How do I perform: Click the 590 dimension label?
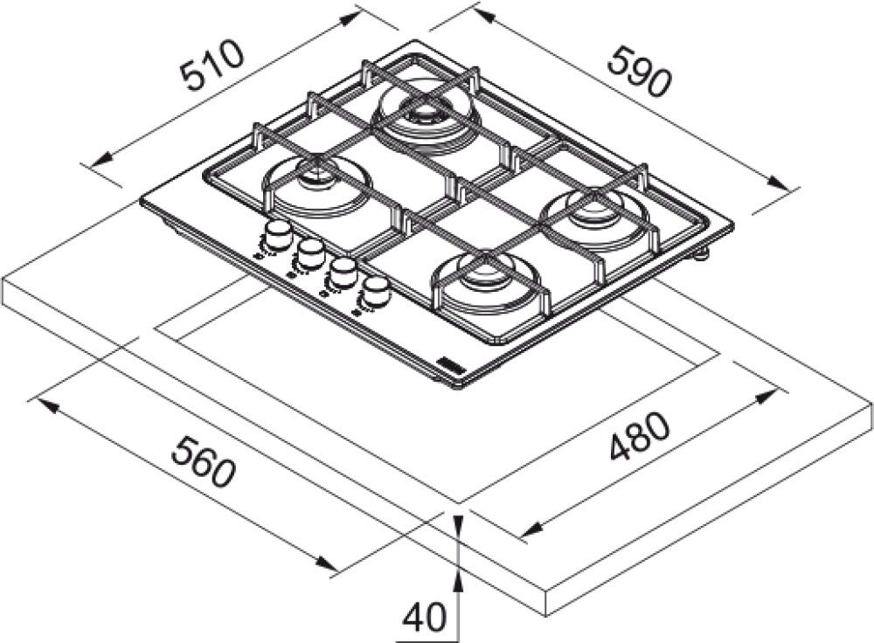[638, 73]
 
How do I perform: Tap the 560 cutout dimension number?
[204, 460]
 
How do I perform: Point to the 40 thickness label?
[425, 618]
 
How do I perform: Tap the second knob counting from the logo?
[343, 272]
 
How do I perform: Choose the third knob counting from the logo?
[310, 252]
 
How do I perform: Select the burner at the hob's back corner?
[426, 114]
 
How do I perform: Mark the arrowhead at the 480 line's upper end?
[767, 398]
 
